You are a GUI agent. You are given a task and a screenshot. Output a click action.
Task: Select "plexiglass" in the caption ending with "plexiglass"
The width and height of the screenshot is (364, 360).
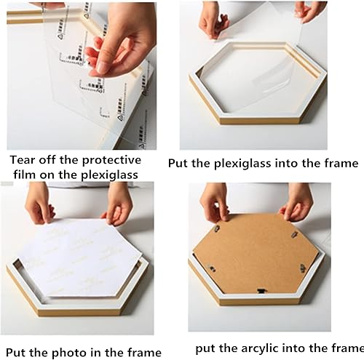pyautogui.click(x=109, y=175)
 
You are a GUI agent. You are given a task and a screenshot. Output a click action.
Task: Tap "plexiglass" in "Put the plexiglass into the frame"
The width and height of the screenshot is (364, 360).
pyautogui.click(x=242, y=164)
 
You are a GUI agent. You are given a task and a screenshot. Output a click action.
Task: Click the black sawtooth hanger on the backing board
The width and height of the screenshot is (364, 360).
pyautogui.click(x=261, y=291)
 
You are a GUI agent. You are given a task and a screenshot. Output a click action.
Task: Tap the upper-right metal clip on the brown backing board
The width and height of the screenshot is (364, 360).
pyautogui.click(x=295, y=234)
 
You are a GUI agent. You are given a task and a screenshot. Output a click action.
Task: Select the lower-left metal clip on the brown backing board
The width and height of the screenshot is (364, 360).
pyautogui.click(x=213, y=268)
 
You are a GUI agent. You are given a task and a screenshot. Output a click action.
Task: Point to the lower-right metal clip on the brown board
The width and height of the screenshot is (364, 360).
pyautogui.click(x=303, y=268)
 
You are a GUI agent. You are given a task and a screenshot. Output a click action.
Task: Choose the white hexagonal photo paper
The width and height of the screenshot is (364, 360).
pyautogui.click(x=80, y=257)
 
